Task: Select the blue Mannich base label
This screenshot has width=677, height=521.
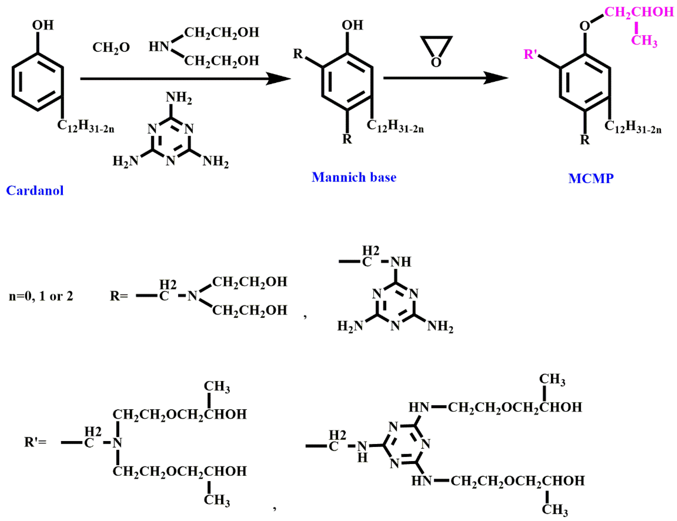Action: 354,177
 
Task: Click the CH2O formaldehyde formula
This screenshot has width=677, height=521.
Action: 111,47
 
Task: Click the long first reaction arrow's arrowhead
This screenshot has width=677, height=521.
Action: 279,79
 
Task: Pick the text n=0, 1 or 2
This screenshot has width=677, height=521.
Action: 41,296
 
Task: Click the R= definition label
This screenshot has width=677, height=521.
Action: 119,296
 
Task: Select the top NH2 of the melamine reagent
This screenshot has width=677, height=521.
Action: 179,97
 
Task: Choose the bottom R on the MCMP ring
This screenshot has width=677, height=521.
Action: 585,140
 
